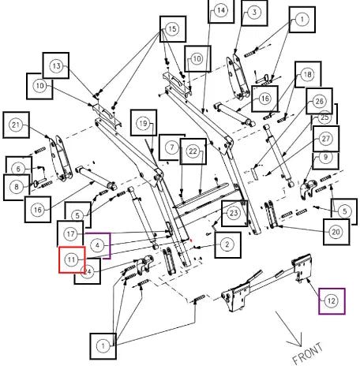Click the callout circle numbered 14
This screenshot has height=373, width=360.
pyautogui.click(x=221, y=10)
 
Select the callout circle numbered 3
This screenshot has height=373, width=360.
pyautogui.click(x=254, y=12)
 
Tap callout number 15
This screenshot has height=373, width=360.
pyautogui.click(x=172, y=29)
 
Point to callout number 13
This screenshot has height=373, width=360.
pyautogui.click(x=57, y=65)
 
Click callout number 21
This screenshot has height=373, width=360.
pyautogui.click(x=16, y=125)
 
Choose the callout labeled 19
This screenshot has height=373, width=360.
pyautogui.click(x=143, y=123)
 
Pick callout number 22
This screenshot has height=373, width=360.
pyautogui.click(x=193, y=151)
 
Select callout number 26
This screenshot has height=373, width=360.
pyautogui.click(x=320, y=101)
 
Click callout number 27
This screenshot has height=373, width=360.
pyautogui.click(x=326, y=139)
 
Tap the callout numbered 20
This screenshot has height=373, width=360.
pyautogui.click(x=336, y=232)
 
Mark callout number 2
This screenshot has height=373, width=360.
pyautogui.click(x=227, y=244)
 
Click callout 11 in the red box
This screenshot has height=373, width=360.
pyautogui.click(x=71, y=259)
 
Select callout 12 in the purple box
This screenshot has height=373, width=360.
pyautogui.click(x=332, y=300)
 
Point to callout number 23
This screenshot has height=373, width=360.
pyautogui.click(x=234, y=213)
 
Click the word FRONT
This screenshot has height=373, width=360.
pyautogui.click(x=307, y=353)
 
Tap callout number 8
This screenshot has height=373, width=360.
pyautogui.click(x=17, y=187)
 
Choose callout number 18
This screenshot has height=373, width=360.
pyautogui.click(x=308, y=74)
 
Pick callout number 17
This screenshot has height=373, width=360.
pyautogui.click(x=70, y=233)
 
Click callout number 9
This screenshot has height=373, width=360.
pyautogui.click(x=325, y=157)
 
